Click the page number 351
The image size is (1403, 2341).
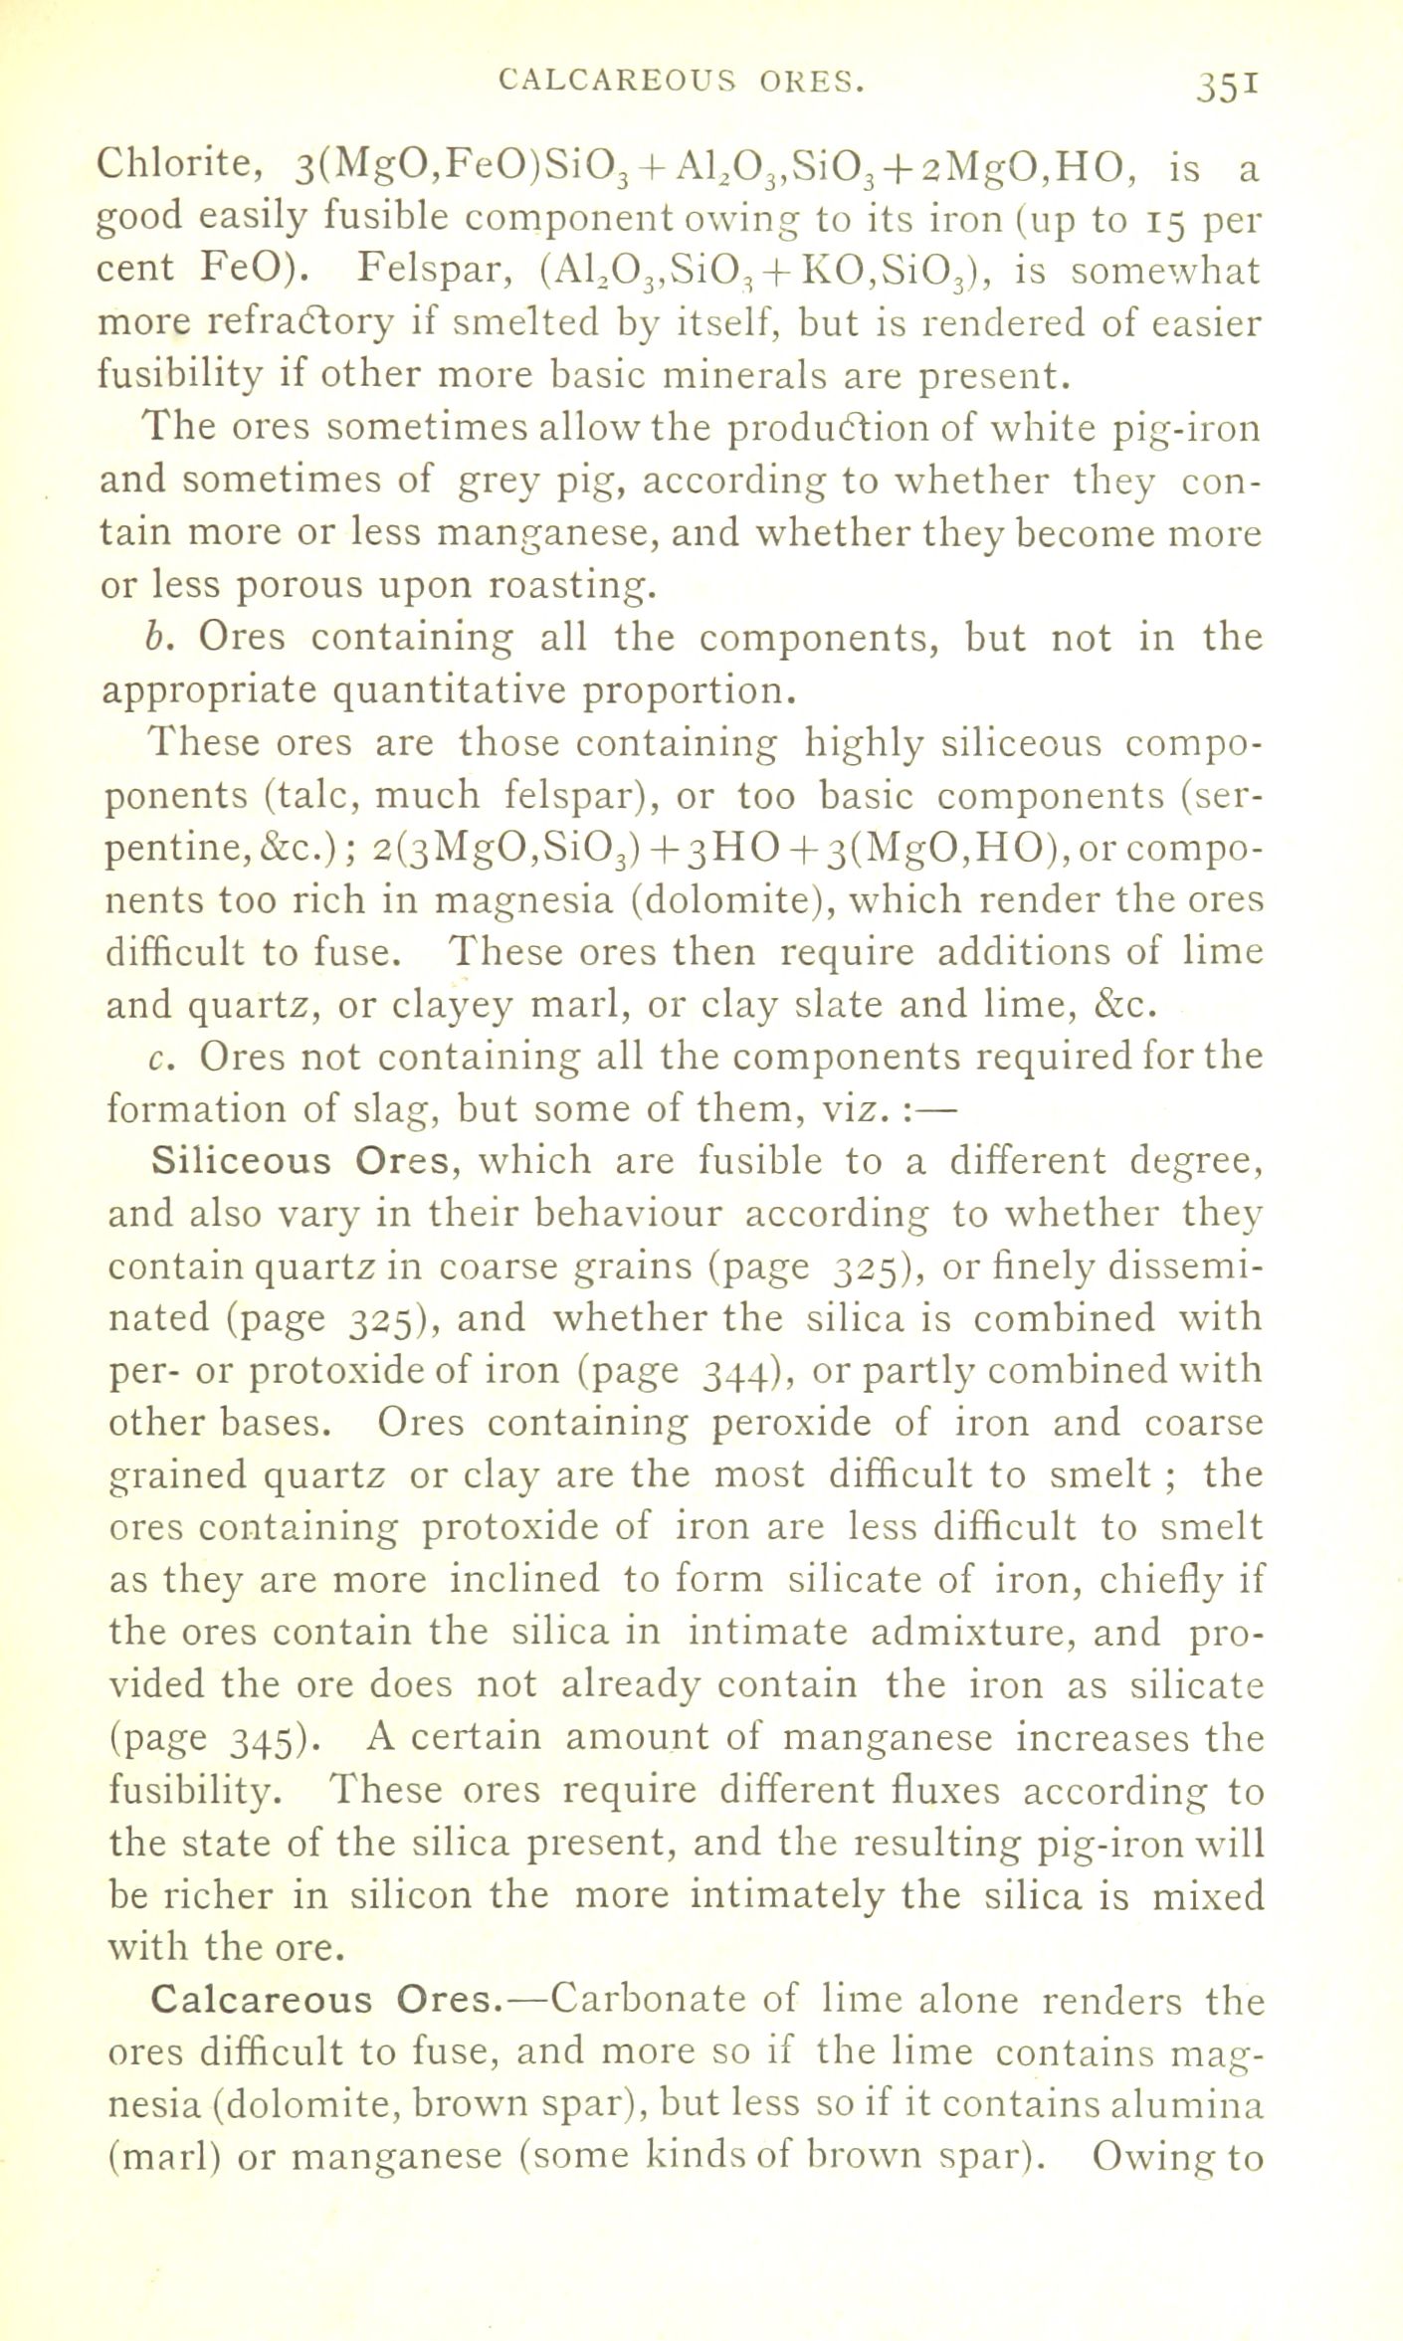click(1230, 88)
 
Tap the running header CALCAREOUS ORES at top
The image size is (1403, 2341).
click(680, 81)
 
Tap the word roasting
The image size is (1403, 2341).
click(571, 586)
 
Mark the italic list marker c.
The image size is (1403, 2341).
click(155, 1058)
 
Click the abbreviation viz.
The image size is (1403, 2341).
click(850, 1109)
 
